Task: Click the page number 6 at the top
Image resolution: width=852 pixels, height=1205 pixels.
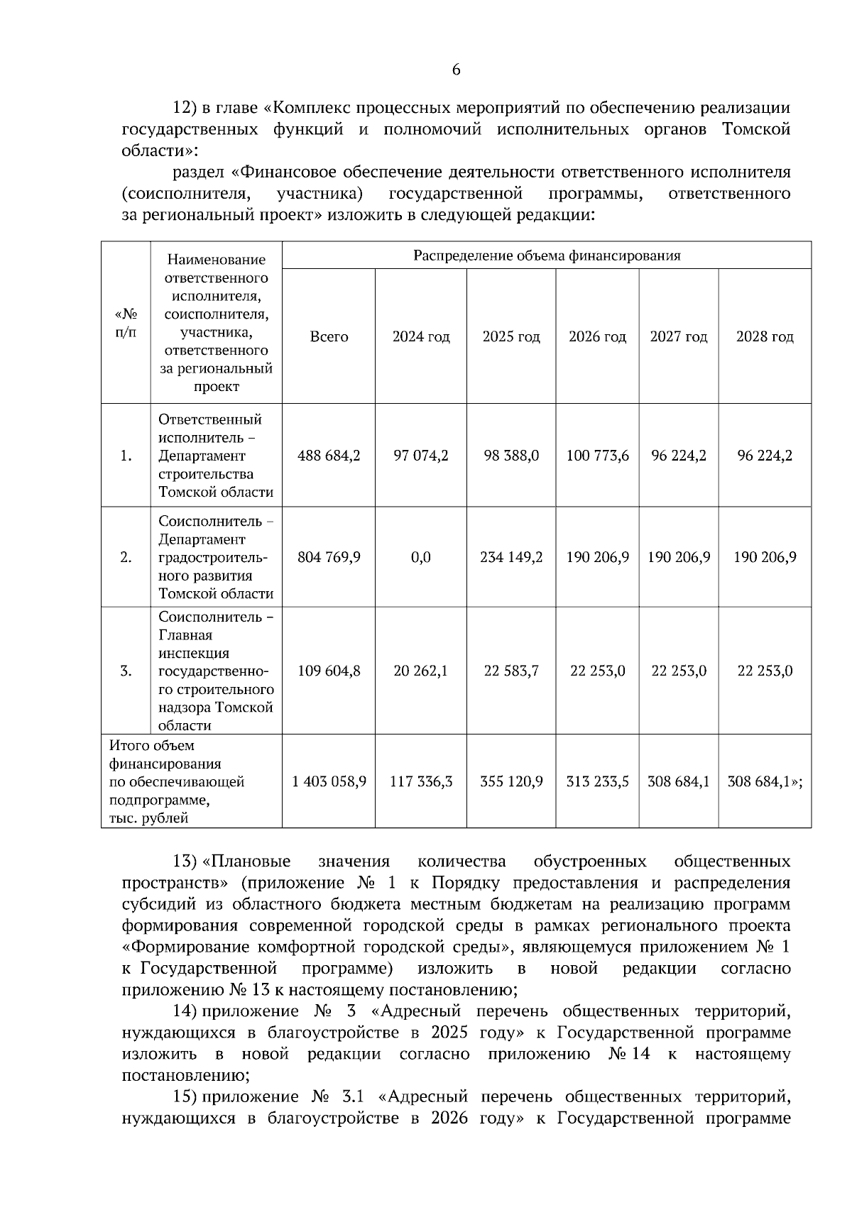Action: tap(456, 70)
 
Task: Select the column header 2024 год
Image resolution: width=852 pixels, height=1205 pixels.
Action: tap(421, 336)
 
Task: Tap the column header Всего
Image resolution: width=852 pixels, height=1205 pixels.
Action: tap(329, 336)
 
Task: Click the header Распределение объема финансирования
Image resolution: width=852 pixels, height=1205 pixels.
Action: tap(547, 255)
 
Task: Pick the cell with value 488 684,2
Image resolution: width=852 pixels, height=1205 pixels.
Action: tap(329, 456)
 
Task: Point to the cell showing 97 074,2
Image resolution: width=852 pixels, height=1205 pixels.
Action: tap(421, 456)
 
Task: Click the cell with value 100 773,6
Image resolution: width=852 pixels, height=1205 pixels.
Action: tap(597, 456)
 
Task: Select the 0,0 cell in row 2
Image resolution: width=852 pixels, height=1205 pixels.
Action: tap(421, 557)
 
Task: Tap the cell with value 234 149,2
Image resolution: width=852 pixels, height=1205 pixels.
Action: tap(511, 557)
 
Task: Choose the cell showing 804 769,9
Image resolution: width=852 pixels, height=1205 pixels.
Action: tap(329, 557)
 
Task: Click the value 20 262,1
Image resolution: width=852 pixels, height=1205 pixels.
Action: tap(421, 671)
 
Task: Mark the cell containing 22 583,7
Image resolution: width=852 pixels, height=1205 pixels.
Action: tap(511, 671)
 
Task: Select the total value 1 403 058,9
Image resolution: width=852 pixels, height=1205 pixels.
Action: tap(329, 781)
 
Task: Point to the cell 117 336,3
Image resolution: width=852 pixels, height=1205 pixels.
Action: tap(421, 781)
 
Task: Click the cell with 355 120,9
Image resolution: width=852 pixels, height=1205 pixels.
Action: tap(511, 781)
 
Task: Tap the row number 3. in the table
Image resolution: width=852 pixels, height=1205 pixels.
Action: tap(126, 671)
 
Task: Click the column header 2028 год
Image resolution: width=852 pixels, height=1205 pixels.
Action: tap(765, 336)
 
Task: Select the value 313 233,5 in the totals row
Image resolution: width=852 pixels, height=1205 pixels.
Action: tap(597, 781)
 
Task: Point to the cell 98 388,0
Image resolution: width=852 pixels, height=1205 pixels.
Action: tap(511, 456)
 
